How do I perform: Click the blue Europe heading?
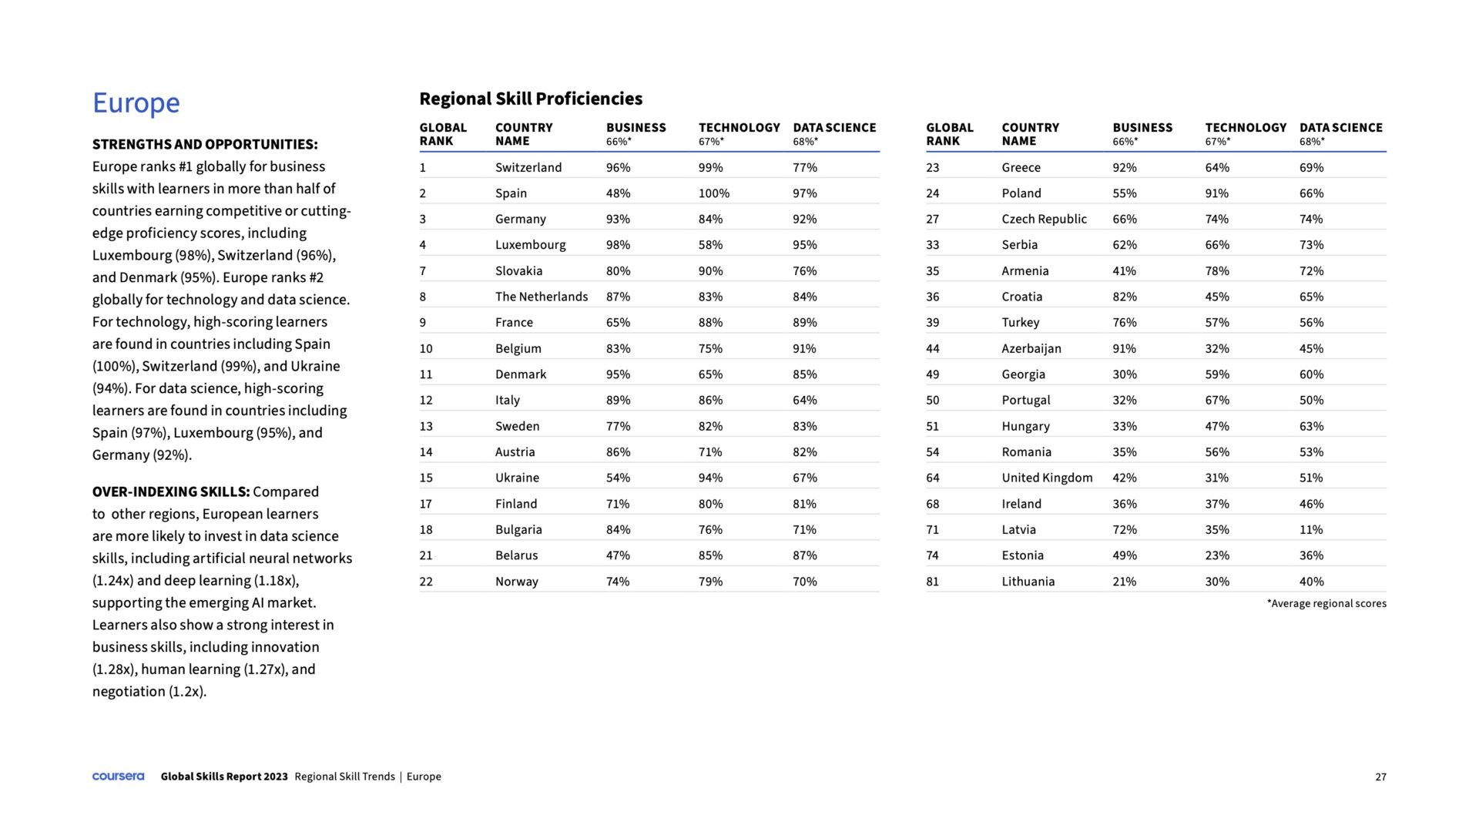pyautogui.click(x=136, y=102)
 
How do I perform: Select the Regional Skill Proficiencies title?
pyautogui.click(x=530, y=99)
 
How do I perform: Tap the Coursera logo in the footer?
pyautogui.click(x=118, y=777)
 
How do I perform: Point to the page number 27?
pyautogui.click(x=1380, y=777)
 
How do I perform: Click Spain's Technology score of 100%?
pyautogui.click(x=713, y=193)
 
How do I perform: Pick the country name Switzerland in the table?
pyautogui.click(x=528, y=167)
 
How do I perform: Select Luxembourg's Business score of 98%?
pyautogui.click(x=618, y=245)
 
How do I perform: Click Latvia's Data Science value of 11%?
pyautogui.click(x=1311, y=530)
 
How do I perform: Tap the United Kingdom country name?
pyautogui.click(x=1046, y=478)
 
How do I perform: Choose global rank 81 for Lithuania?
pyautogui.click(x=932, y=582)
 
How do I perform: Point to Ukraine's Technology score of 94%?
pyautogui.click(x=710, y=478)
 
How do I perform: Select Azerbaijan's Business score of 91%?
pyautogui.click(x=1124, y=349)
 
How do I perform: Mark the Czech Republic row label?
pyautogui.click(x=1044, y=219)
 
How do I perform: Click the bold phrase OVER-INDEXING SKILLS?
pyautogui.click(x=171, y=491)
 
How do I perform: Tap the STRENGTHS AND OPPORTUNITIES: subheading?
pyautogui.click(x=205, y=145)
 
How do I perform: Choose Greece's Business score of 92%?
pyautogui.click(x=1124, y=167)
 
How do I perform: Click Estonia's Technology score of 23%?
pyautogui.click(x=1217, y=555)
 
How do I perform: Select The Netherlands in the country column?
pyautogui.click(x=541, y=297)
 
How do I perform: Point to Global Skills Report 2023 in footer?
pyautogui.click(x=224, y=777)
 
